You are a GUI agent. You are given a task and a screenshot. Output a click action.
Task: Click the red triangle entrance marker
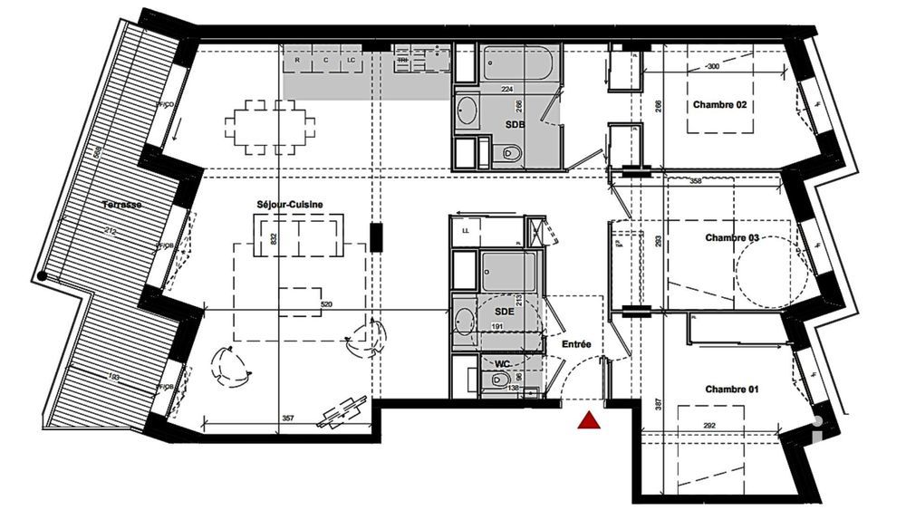tap(589, 420)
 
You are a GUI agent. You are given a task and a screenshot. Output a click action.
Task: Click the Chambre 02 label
tap(720, 105)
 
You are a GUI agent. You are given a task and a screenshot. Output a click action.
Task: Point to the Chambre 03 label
tap(732, 237)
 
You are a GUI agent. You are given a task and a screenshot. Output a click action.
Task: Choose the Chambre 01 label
tap(732, 390)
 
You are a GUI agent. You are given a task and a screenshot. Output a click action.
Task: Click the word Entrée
tap(575, 344)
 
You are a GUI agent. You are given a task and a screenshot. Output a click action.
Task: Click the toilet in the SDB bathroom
tap(511, 153)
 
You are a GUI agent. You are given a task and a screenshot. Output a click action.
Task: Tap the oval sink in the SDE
tap(464, 321)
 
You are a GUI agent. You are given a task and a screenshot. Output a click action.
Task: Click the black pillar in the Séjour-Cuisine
tap(376, 237)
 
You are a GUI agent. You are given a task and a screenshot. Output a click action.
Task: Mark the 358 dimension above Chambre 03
tap(696, 181)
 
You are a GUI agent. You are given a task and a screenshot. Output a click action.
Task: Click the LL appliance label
tap(466, 231)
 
